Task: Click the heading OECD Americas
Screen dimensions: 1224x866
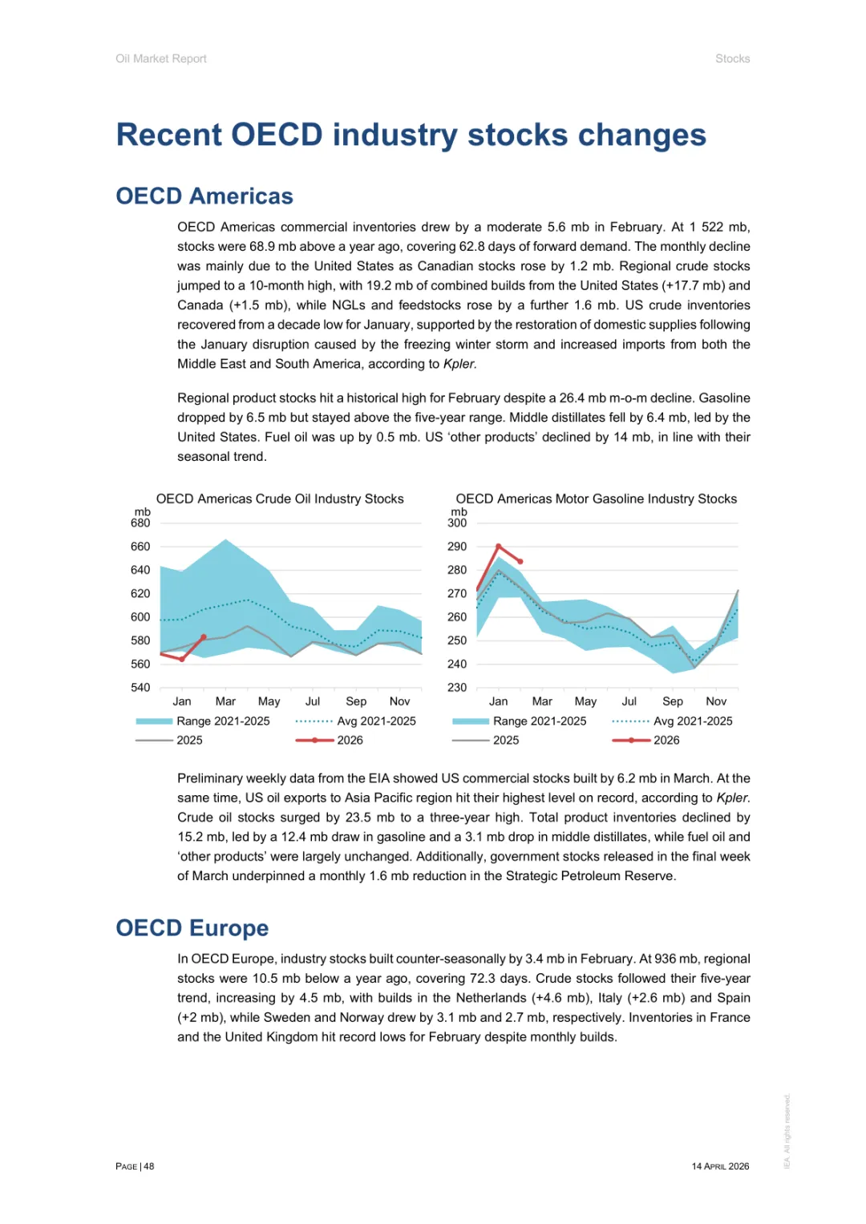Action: tap(204, 196)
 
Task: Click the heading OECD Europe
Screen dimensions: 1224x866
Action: tap(192, 928)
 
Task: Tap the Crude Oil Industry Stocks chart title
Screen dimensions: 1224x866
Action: tap(280, 499)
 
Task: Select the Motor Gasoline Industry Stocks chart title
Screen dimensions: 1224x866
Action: tap(596, 499)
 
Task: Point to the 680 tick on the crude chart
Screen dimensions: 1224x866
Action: tap(140, 523)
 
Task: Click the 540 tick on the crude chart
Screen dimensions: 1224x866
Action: tap(140, 688)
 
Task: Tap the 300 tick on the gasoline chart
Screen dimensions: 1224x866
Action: tap(457, 523)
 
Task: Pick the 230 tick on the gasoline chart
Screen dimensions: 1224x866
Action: tap(457, 688)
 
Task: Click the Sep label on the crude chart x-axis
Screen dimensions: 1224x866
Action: tap(356, 701)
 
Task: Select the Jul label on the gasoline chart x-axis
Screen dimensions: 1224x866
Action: tap(629, 701)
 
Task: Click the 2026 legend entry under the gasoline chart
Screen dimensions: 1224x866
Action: tap(666, 741)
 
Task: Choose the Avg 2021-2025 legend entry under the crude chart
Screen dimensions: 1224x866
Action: tap(376, 721)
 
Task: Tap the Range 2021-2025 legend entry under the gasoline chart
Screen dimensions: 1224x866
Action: tap(540, 721)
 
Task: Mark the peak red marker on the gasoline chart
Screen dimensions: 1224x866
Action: tap(499, 547)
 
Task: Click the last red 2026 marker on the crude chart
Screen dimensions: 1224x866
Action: tap(204, 637)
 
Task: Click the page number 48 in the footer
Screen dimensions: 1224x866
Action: tap(149, 1166)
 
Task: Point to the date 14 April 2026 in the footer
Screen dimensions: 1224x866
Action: tap(720, 1166)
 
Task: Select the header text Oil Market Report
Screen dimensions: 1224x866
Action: tap(161, 59)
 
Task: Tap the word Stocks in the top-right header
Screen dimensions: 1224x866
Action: tap(732, 59)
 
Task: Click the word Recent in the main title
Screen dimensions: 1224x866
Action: tap(168, 135)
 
